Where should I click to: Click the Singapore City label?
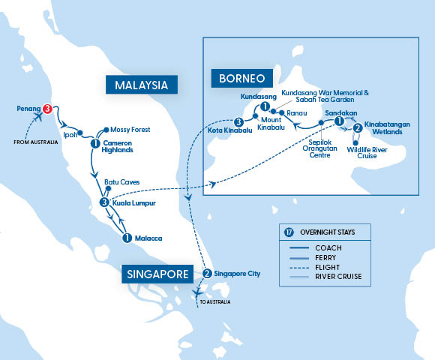238,274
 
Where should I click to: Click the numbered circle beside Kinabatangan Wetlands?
357,127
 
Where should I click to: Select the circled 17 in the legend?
289,232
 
